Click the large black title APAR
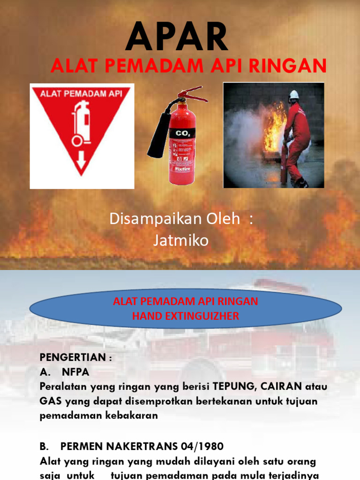pyautogui.click(x=177, y=37)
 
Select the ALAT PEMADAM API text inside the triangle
pyautogui.click(x=82, y=93)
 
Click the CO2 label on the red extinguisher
pyautogui.click(x=182, y=134)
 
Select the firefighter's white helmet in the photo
pyautogui.click(x=294, y=94)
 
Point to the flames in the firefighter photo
pyautogui.click(x=274, y=127)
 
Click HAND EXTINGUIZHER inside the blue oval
pyautogui.click(x=186, y=316)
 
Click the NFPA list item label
pyautogui.click(x=75, y=372)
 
